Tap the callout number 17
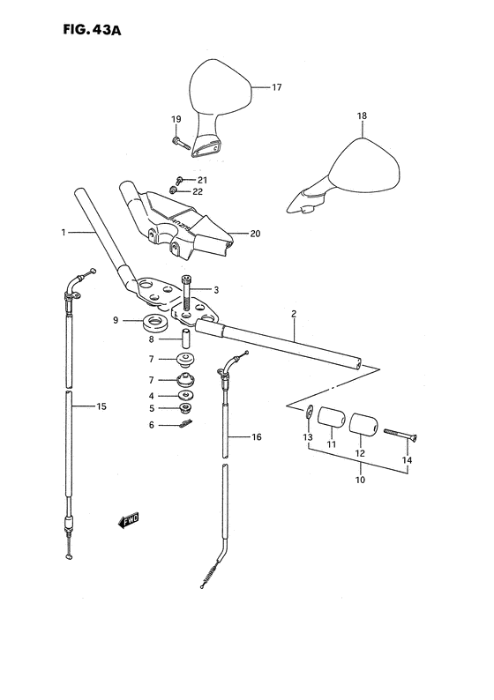pos(275,87)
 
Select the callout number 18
pos(361,116)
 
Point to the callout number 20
pos(255,234)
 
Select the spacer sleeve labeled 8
pos(187,339)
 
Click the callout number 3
pos(215,289)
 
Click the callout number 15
pos(102,406)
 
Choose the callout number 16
pos(257,436)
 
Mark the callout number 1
pos(64,234)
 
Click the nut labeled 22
pos(176,190)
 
